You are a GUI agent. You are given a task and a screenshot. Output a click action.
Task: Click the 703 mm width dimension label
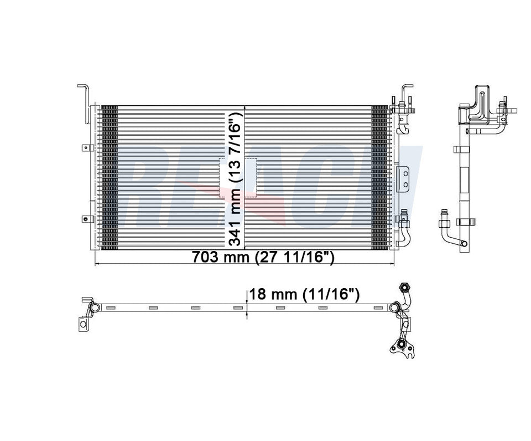coord(262,258)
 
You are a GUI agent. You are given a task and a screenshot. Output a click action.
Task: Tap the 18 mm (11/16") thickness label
coord(305,294)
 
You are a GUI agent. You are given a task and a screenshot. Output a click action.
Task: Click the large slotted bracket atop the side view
coord(479,102)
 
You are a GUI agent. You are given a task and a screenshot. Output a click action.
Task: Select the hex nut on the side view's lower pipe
coord(444,224)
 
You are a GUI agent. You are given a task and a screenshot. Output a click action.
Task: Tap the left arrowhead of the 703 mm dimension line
coord(98,264)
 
